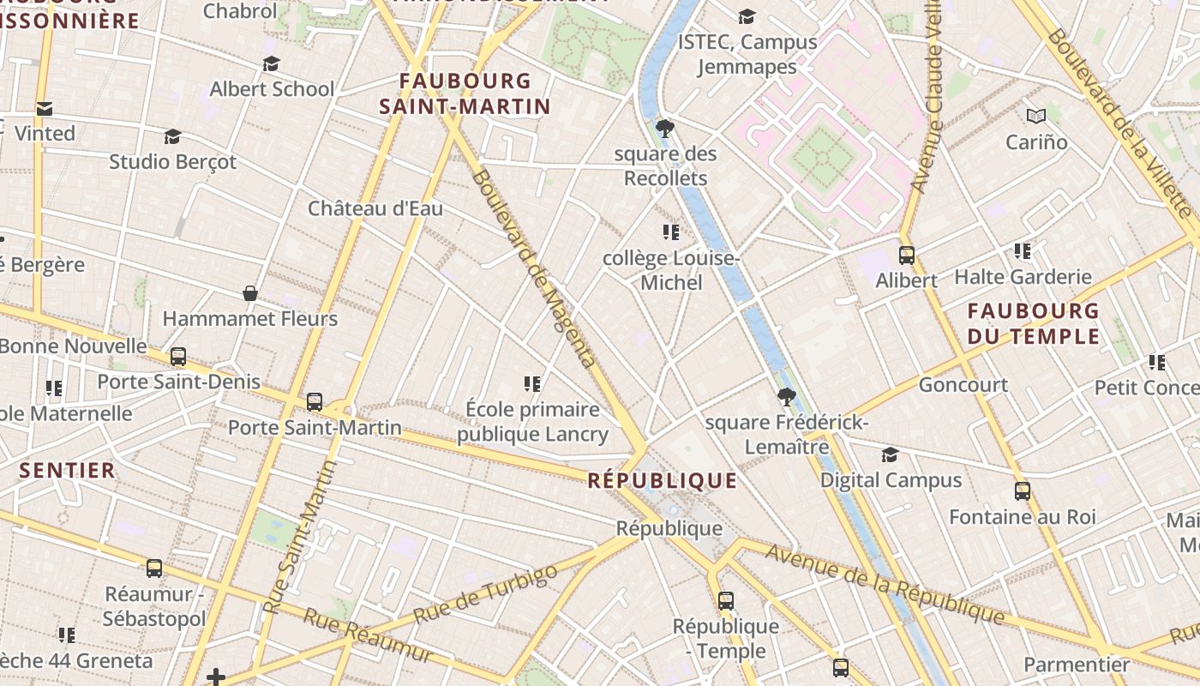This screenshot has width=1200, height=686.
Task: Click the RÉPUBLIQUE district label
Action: (x=662, y=480)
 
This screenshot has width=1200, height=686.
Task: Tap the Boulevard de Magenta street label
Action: (x=533, y=268)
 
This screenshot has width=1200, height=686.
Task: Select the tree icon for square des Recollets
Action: (x=664, y=129)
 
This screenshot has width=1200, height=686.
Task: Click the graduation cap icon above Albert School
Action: (x=272, y=64)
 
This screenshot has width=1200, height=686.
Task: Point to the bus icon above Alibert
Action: (x=906, y=256)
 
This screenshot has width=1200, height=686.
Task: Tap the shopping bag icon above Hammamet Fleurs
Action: (x=250, y=294)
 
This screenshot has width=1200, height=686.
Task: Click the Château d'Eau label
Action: (x=375, y=208)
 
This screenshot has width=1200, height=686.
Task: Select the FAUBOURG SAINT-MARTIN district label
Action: (x=465, y=93)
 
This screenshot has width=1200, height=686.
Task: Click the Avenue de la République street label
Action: (x=884, y=584)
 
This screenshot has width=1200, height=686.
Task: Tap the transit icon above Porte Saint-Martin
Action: (x=315, y=402)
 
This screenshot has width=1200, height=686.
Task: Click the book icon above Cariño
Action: (x=1036, y=116)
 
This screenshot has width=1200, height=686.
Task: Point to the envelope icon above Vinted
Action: (x=45, y=109)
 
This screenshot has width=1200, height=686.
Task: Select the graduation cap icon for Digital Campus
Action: (x=891, y=455)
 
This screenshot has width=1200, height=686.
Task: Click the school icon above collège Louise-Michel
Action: (x=671, y=232)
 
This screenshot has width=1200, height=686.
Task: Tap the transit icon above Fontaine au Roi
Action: (x=1023, y=491)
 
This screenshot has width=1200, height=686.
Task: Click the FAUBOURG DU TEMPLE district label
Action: (x=1033, y=323)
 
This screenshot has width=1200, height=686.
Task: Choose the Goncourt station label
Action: (x=963, y=385)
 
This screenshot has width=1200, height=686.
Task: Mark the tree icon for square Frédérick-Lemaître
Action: (x=786, y=397)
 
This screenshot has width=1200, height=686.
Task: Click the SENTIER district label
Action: (x=67, y=470)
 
